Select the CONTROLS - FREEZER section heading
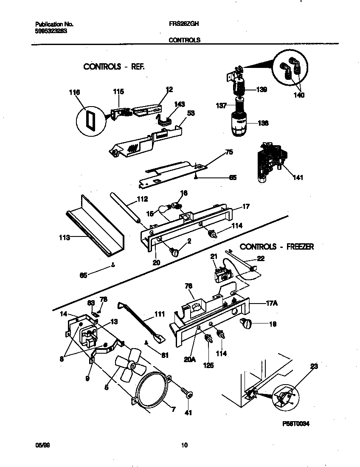click(x=277, y=247)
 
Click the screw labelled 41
click(x=187, y=394)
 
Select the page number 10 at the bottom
click(x=184, y=445)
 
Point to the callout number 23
click(x=314, y=366)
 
